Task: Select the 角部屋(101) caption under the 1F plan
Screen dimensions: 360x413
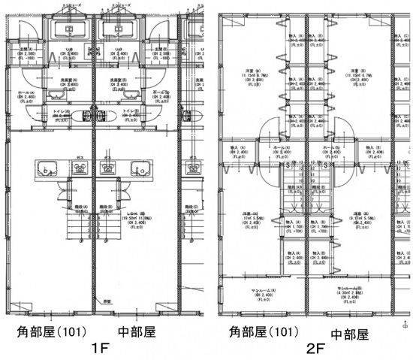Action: (55, 331)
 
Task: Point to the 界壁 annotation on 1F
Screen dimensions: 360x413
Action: (107, 300)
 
